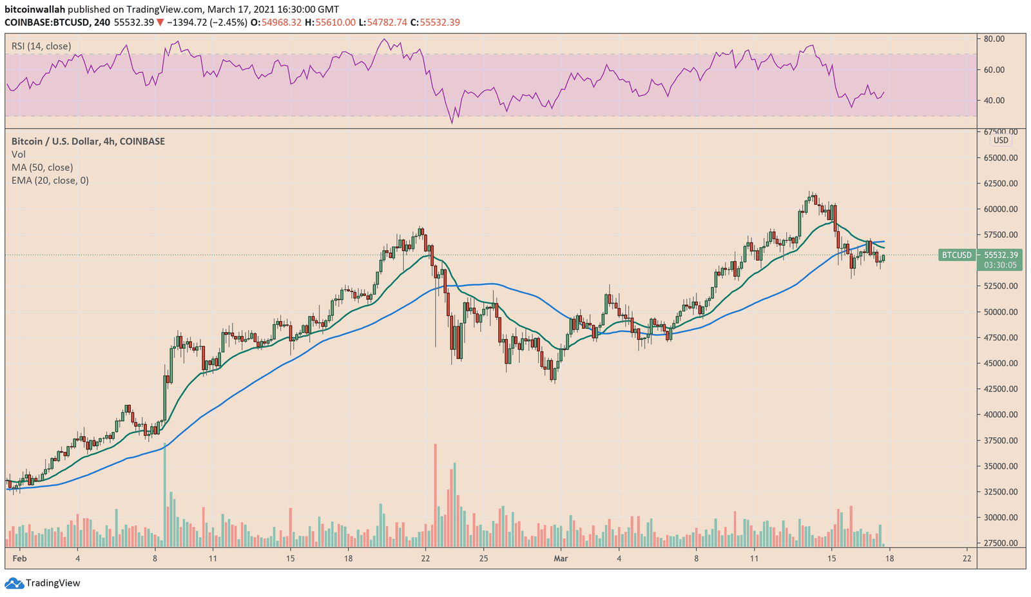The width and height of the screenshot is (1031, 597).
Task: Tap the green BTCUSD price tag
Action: click(956, 255)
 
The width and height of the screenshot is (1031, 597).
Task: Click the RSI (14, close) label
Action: click(41, 46)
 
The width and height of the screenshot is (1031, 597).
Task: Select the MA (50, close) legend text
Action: click(42, 168)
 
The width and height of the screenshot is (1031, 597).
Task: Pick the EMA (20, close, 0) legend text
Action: click(50, 181)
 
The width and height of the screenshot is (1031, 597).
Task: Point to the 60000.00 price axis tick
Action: click(1000, 209)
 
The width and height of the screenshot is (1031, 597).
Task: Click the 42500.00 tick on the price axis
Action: click(1000, 389)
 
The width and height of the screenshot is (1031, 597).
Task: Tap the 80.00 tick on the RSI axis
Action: click(994, 39)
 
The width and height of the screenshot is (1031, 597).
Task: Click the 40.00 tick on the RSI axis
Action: click(994, 100)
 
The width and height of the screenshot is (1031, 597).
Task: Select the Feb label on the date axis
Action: click(19, 558)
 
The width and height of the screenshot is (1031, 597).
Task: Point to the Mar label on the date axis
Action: click(561, 558)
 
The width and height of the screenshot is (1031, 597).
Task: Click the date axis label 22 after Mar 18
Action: click(967, 558)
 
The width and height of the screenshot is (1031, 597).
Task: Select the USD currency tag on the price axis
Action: click(1001, 141)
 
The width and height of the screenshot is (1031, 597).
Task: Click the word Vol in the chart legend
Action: click(19, 155)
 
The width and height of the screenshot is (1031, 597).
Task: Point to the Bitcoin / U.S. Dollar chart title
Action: click(88, 141)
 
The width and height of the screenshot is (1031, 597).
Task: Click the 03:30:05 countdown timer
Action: click(1000, 265)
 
